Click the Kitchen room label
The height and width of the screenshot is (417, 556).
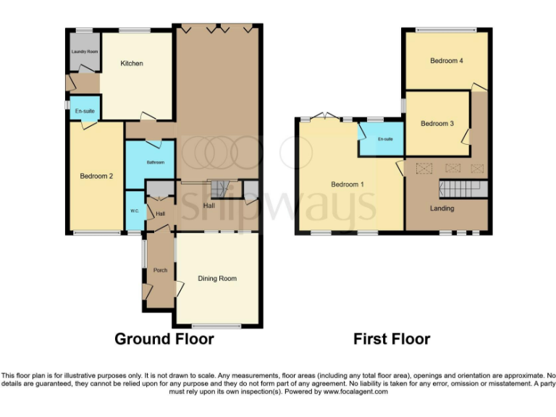click(x=132, y=64)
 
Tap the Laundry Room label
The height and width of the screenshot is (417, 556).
click(x=85, y=52)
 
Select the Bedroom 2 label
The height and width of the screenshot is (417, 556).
click(x=96, y=175)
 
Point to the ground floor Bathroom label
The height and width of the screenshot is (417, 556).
click(x=156, y=162)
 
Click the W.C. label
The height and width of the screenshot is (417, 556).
click(x=135, y=211)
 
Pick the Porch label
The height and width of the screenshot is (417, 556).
click(x=160, y=270)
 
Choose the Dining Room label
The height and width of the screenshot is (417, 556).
click(x=217, y=278)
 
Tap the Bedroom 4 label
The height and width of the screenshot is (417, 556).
click(x=447, y=61)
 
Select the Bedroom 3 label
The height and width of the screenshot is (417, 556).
click(x=437, y=124)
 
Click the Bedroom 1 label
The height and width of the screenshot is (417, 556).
click(x=347, y=185)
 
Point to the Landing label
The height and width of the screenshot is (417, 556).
click(x=442, y=208)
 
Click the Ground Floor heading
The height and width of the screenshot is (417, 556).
click(x=164, y=339)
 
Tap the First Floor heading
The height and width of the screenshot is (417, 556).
click(x=392, y=339)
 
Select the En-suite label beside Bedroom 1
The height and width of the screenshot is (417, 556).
click(x=384, y=139)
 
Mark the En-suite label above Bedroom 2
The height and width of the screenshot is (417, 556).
click(x=85, y=111)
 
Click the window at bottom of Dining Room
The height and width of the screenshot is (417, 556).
click(x=217, y=327)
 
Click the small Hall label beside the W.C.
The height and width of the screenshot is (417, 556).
click(x=161, y=214)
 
